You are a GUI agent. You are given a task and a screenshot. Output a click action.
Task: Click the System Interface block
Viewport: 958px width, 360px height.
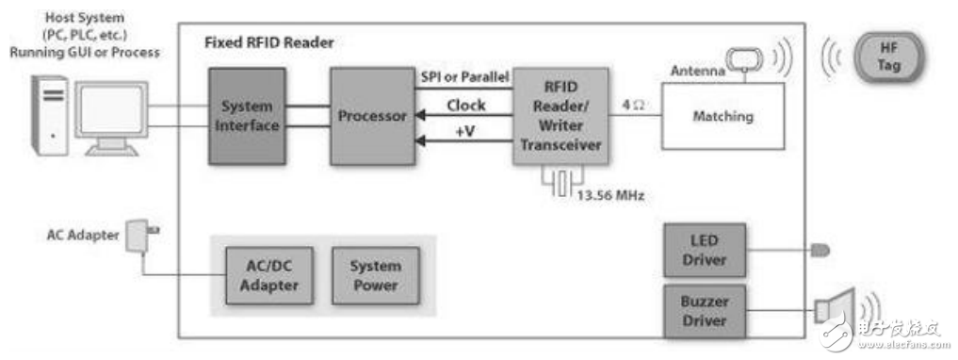(x=248, y=116)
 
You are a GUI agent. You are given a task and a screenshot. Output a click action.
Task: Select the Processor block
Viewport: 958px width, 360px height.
(x=371, y=116)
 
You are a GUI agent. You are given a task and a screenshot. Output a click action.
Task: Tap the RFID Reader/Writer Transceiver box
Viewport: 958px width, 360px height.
(x=560, y=117)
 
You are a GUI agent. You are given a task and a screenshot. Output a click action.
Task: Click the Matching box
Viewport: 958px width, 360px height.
(x=723, y=116)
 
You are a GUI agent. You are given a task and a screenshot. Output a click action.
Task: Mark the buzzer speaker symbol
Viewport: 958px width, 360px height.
(x=833, y=307)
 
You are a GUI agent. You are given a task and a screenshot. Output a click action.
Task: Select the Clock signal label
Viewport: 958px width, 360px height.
(x=465, y=106)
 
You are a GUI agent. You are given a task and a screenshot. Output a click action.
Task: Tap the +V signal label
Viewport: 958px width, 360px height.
(x=465, y=132)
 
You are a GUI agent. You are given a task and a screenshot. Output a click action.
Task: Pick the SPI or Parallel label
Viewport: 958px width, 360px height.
(x=463, y=75)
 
